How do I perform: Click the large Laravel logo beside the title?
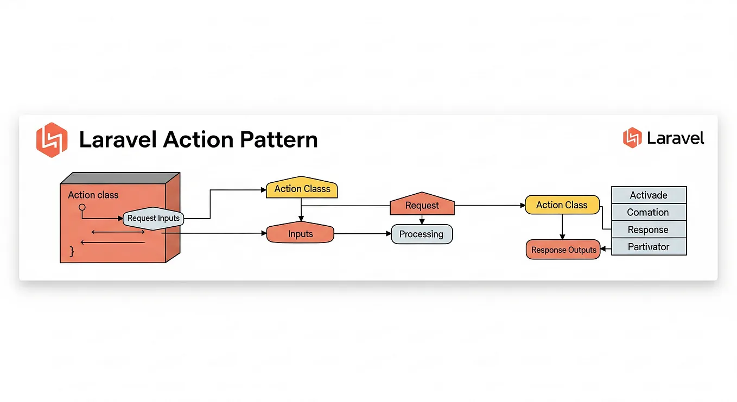[x=52, y=139]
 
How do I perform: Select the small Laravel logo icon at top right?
[x=632, y=138]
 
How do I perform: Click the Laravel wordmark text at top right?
[x=676, y=138]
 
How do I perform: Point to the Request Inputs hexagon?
[x=154, y=218]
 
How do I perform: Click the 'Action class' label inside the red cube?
[x=93, y=195]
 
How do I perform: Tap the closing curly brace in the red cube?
[x=71, y=251]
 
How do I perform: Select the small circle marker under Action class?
[x=82, y=207]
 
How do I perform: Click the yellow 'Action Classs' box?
[x=302, y=189]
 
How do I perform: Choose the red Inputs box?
[x=300, y=234]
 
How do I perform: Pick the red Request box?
[x=422, y=206]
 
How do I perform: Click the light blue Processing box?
[x=421, y=234]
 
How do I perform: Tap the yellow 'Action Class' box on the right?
[x=562, y=205]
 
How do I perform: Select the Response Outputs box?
[x=563, y=250]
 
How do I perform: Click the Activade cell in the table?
[x=649, y=195]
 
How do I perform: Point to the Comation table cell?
[x=649, y=212]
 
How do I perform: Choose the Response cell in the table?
[x=649, y=229]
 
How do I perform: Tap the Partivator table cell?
[x=649, y=247]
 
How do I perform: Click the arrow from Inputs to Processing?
[x=362, y=234]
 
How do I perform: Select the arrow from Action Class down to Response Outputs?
[x=562, y=227]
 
